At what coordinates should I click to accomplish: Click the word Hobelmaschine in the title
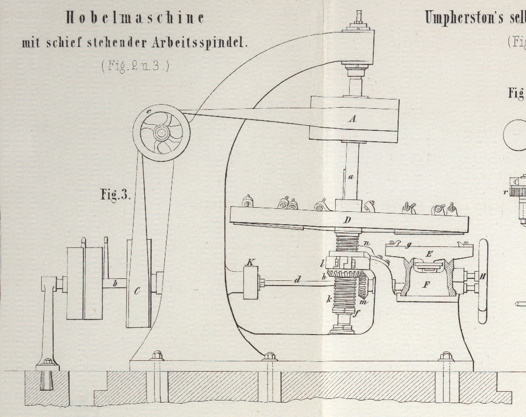coord(135,18)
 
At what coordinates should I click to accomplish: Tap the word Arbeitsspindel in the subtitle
coord(200,43)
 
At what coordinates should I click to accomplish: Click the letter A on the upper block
coord(353,119)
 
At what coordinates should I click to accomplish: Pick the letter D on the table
coord(348,221)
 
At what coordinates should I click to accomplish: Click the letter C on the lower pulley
coord(137,292)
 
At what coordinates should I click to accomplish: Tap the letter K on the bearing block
coord(250,262)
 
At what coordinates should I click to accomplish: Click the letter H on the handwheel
coord(483,277)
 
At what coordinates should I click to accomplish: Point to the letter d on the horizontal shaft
coord(297,279)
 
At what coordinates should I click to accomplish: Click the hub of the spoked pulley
coord(161,133)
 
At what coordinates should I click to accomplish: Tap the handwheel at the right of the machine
coord(483,281)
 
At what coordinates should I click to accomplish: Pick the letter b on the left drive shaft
coord(116,282)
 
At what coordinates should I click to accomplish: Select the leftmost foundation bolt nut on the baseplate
coord(157,356)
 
